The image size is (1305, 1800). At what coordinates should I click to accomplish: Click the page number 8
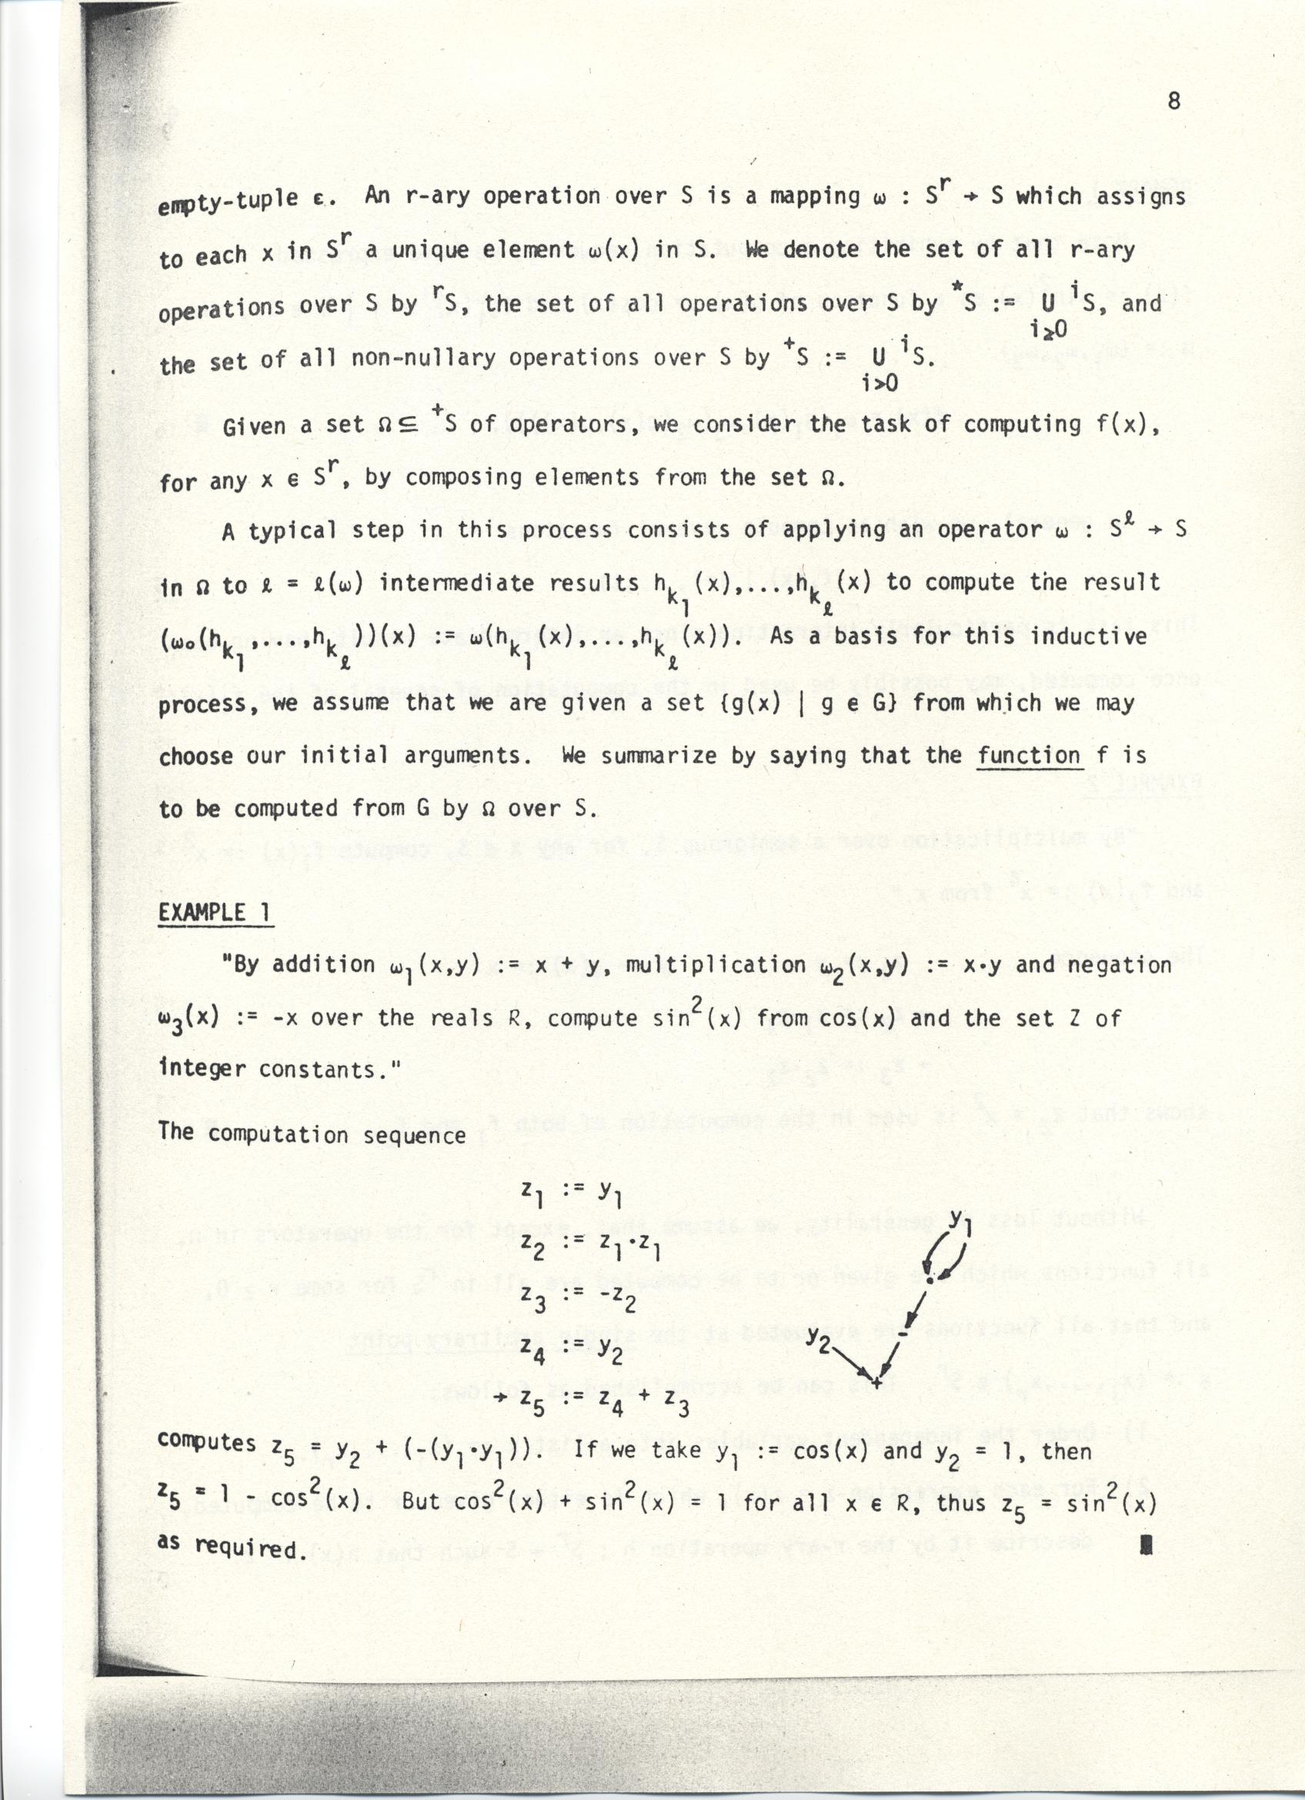(x=1173, y=101)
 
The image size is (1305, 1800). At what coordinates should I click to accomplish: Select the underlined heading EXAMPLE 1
(x=213, y=913)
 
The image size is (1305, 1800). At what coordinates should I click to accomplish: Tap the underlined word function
(x=1028, y=755)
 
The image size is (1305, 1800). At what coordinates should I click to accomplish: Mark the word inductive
(x=1091, y=636)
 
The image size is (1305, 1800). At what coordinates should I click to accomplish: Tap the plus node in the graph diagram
(x=876, y=1382)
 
